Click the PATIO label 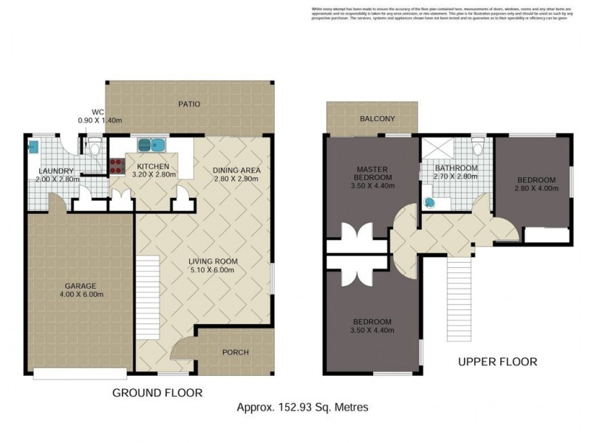click(x=188, y=104)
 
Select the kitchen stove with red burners click(x=116, y=166)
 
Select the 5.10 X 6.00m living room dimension click(x=211, y=269)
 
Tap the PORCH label click(x=235, y=352)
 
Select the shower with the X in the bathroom click(x=434, y=151)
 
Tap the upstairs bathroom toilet click(x=477, y=150)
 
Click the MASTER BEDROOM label click(x=372, y=172)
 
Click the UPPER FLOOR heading click(x=497, y=362)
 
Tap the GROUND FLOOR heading click(x=157, y=392)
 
